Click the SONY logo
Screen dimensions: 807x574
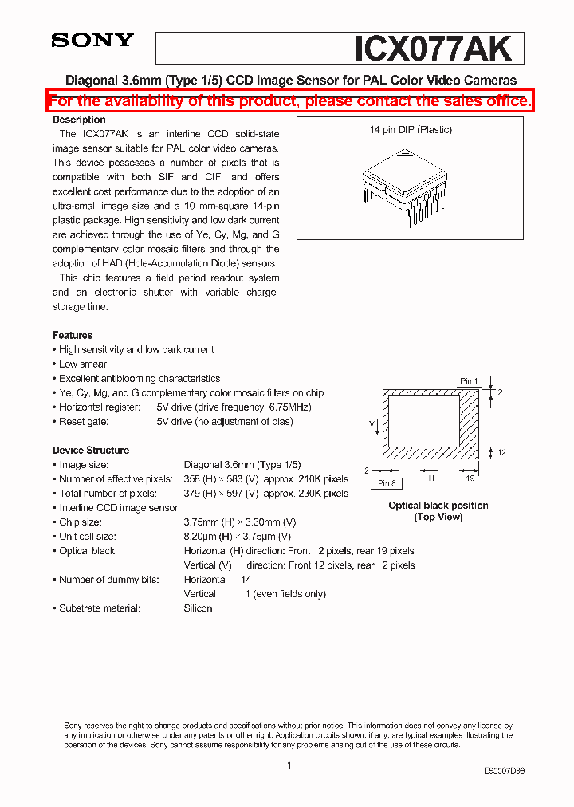92,41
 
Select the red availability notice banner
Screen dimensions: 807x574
290,100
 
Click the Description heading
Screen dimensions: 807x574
79,120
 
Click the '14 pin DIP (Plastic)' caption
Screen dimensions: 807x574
411,130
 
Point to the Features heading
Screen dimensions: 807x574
73,336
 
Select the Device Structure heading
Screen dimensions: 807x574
91,451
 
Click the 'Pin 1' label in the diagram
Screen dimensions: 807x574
469,381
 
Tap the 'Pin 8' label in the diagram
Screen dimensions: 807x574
387,483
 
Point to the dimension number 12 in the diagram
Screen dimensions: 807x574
502,453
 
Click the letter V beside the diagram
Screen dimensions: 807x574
372,423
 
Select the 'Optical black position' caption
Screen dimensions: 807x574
438,506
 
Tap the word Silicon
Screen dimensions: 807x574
198,608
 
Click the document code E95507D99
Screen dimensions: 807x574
504,771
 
